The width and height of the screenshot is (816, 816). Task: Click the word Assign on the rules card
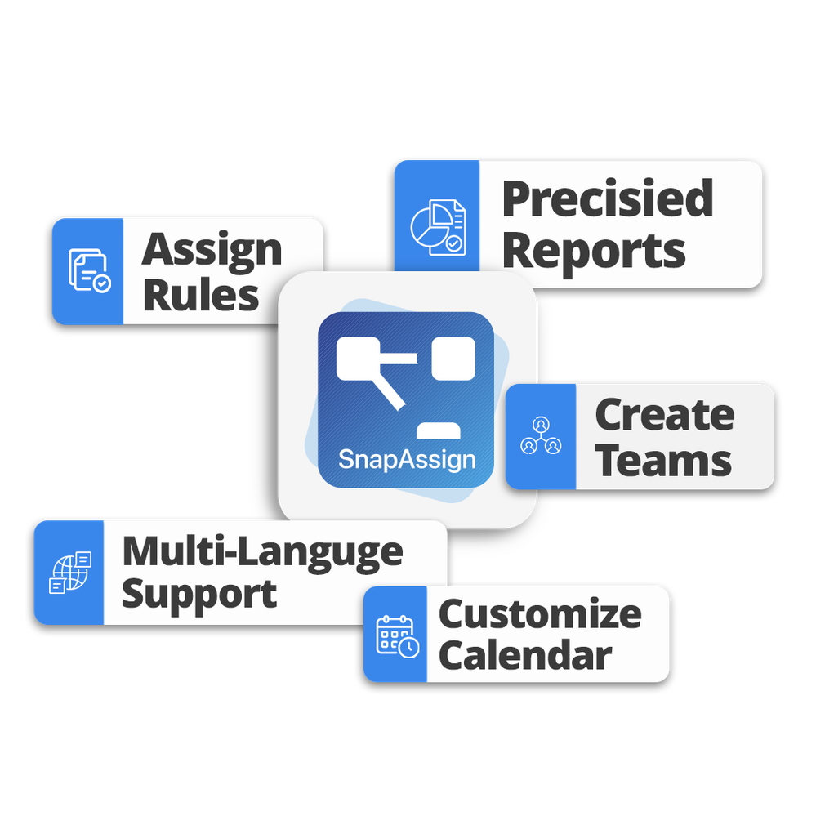tap(212, 250)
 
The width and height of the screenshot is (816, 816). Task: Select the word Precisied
tap(607, 198)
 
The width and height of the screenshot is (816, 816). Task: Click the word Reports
tap(594, 251)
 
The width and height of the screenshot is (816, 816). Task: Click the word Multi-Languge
tap(262, 552)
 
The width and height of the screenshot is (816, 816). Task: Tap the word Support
tap(199, 594)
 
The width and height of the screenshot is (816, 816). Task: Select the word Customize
tap(540, 614)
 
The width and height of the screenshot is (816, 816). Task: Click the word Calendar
tap(525, 656)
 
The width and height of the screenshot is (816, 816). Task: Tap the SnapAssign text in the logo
tap(407, 458)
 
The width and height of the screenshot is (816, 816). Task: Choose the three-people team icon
tap(541, 436)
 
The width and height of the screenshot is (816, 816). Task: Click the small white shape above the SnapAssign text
tap(437, 430)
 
